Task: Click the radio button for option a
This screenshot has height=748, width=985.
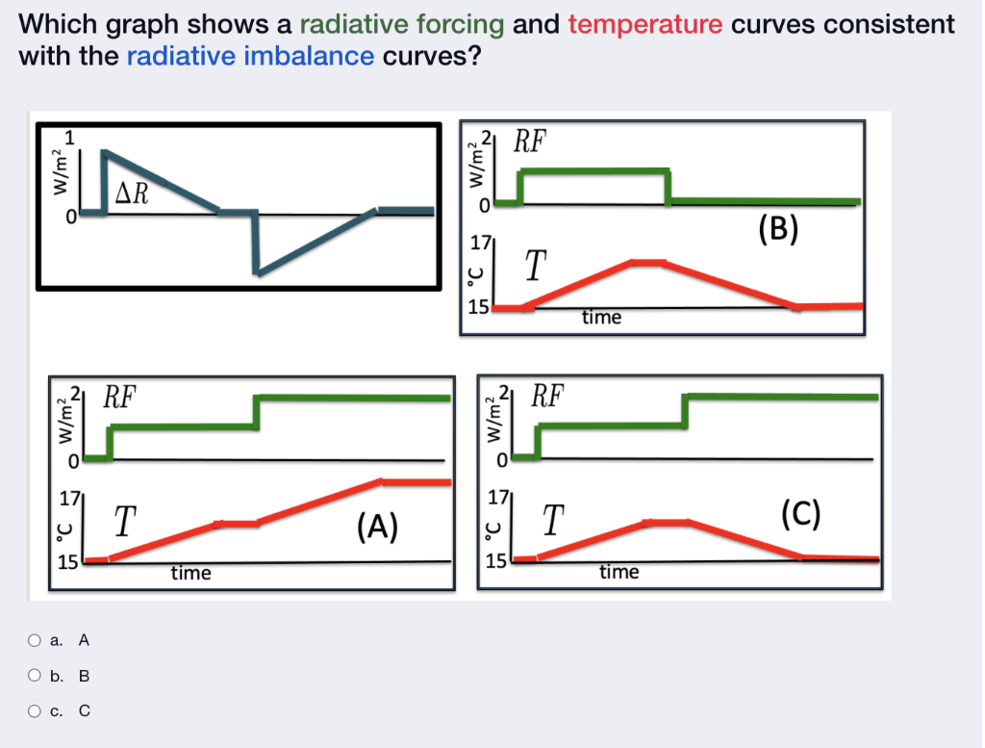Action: [35, 640]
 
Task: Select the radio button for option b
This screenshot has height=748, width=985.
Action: [35, 676]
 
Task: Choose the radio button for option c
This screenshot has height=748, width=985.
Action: [35, 711]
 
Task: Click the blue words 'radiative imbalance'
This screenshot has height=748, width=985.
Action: [250, 56]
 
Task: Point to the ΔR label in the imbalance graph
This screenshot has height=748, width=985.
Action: [132, 193]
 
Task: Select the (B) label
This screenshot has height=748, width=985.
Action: [778, 228]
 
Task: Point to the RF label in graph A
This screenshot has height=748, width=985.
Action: [120, 396]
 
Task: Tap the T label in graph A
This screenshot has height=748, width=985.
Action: [123, 522]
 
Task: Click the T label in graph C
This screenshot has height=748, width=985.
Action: [551, 522]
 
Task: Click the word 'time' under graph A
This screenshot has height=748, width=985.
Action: [190, 574]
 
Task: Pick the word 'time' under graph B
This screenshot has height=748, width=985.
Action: [601, 318]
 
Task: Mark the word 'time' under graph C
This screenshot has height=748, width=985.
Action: [619, 573]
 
